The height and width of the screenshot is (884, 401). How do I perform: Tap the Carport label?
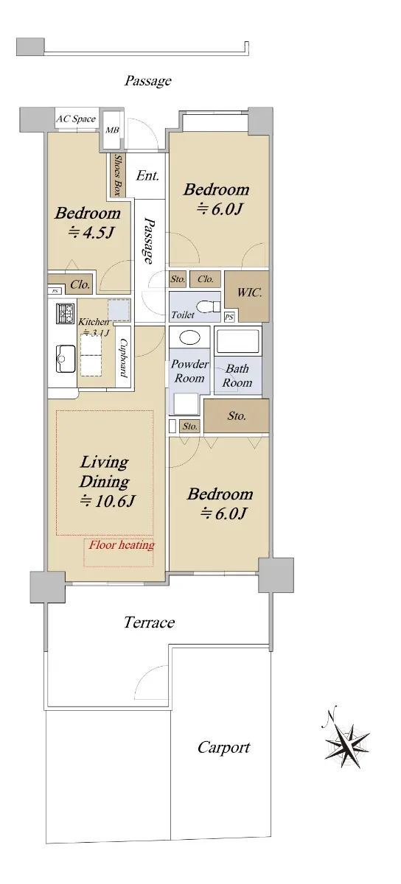click(x=223, y=748)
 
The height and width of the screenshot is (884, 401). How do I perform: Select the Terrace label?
click(x=150, y=622)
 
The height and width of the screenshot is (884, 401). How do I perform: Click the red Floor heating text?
click(x=122, y=545)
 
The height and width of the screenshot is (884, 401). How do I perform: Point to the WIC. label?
click(x=249, y=292)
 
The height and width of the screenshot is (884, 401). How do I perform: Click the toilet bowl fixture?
click(x=209, y=306)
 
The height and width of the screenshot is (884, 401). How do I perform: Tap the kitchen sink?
click(x=65, y=358)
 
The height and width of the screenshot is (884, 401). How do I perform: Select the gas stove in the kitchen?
click(x=65, y=314)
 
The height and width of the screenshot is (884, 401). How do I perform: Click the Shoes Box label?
click(x=117, y=175)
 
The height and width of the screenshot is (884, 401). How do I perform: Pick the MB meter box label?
click(x=112, y=130)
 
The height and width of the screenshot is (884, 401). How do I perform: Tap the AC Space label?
click(x=76, y=119)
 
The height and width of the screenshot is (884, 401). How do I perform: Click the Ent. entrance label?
click(x=147, y=175)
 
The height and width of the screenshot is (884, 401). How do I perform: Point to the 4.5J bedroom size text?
click(x=91, y=233)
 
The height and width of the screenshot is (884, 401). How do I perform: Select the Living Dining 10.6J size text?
click(x=108, y=501)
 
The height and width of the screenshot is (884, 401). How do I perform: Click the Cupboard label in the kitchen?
click(x=124, y=358)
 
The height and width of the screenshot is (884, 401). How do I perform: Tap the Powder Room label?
click(x=189, y=371)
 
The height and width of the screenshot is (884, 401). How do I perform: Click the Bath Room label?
click(x=237, y=375)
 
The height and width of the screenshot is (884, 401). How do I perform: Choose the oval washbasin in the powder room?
click(x=189, y=337)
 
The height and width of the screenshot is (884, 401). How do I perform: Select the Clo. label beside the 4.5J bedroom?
click(x=80, y=284)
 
